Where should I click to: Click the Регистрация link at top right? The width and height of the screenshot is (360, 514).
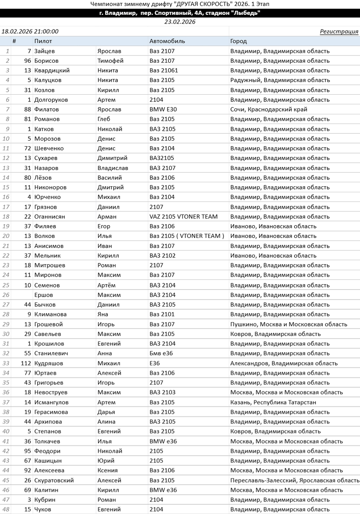pyautogui.click(x=339, y=32)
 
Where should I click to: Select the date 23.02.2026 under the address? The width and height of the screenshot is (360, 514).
pyautogui.click(x=180, y=22)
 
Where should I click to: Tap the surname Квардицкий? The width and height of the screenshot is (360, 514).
pyautogui.click(x=52, y=70)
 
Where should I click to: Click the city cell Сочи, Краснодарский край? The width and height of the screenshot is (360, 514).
pyautogui.click(x=269, y=110)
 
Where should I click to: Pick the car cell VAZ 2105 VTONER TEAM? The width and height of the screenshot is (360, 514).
pyautogui.click(x=184, y=217)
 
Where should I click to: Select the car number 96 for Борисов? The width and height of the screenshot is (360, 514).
pyautogui.click(x=28, y=61)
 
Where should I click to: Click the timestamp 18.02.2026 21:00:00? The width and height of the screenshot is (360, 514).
pyautogui.click(x=30, y=32)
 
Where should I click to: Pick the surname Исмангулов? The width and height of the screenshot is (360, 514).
pyautogui.click(x=52, y=402)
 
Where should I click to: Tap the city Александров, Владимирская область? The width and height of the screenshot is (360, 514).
pyautogui.click(x=284, y=363)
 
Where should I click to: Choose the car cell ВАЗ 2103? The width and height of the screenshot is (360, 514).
pyautogui.click(x=162, y=392)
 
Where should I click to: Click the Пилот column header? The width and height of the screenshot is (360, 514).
pyautogui.click(x=43, y=41)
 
